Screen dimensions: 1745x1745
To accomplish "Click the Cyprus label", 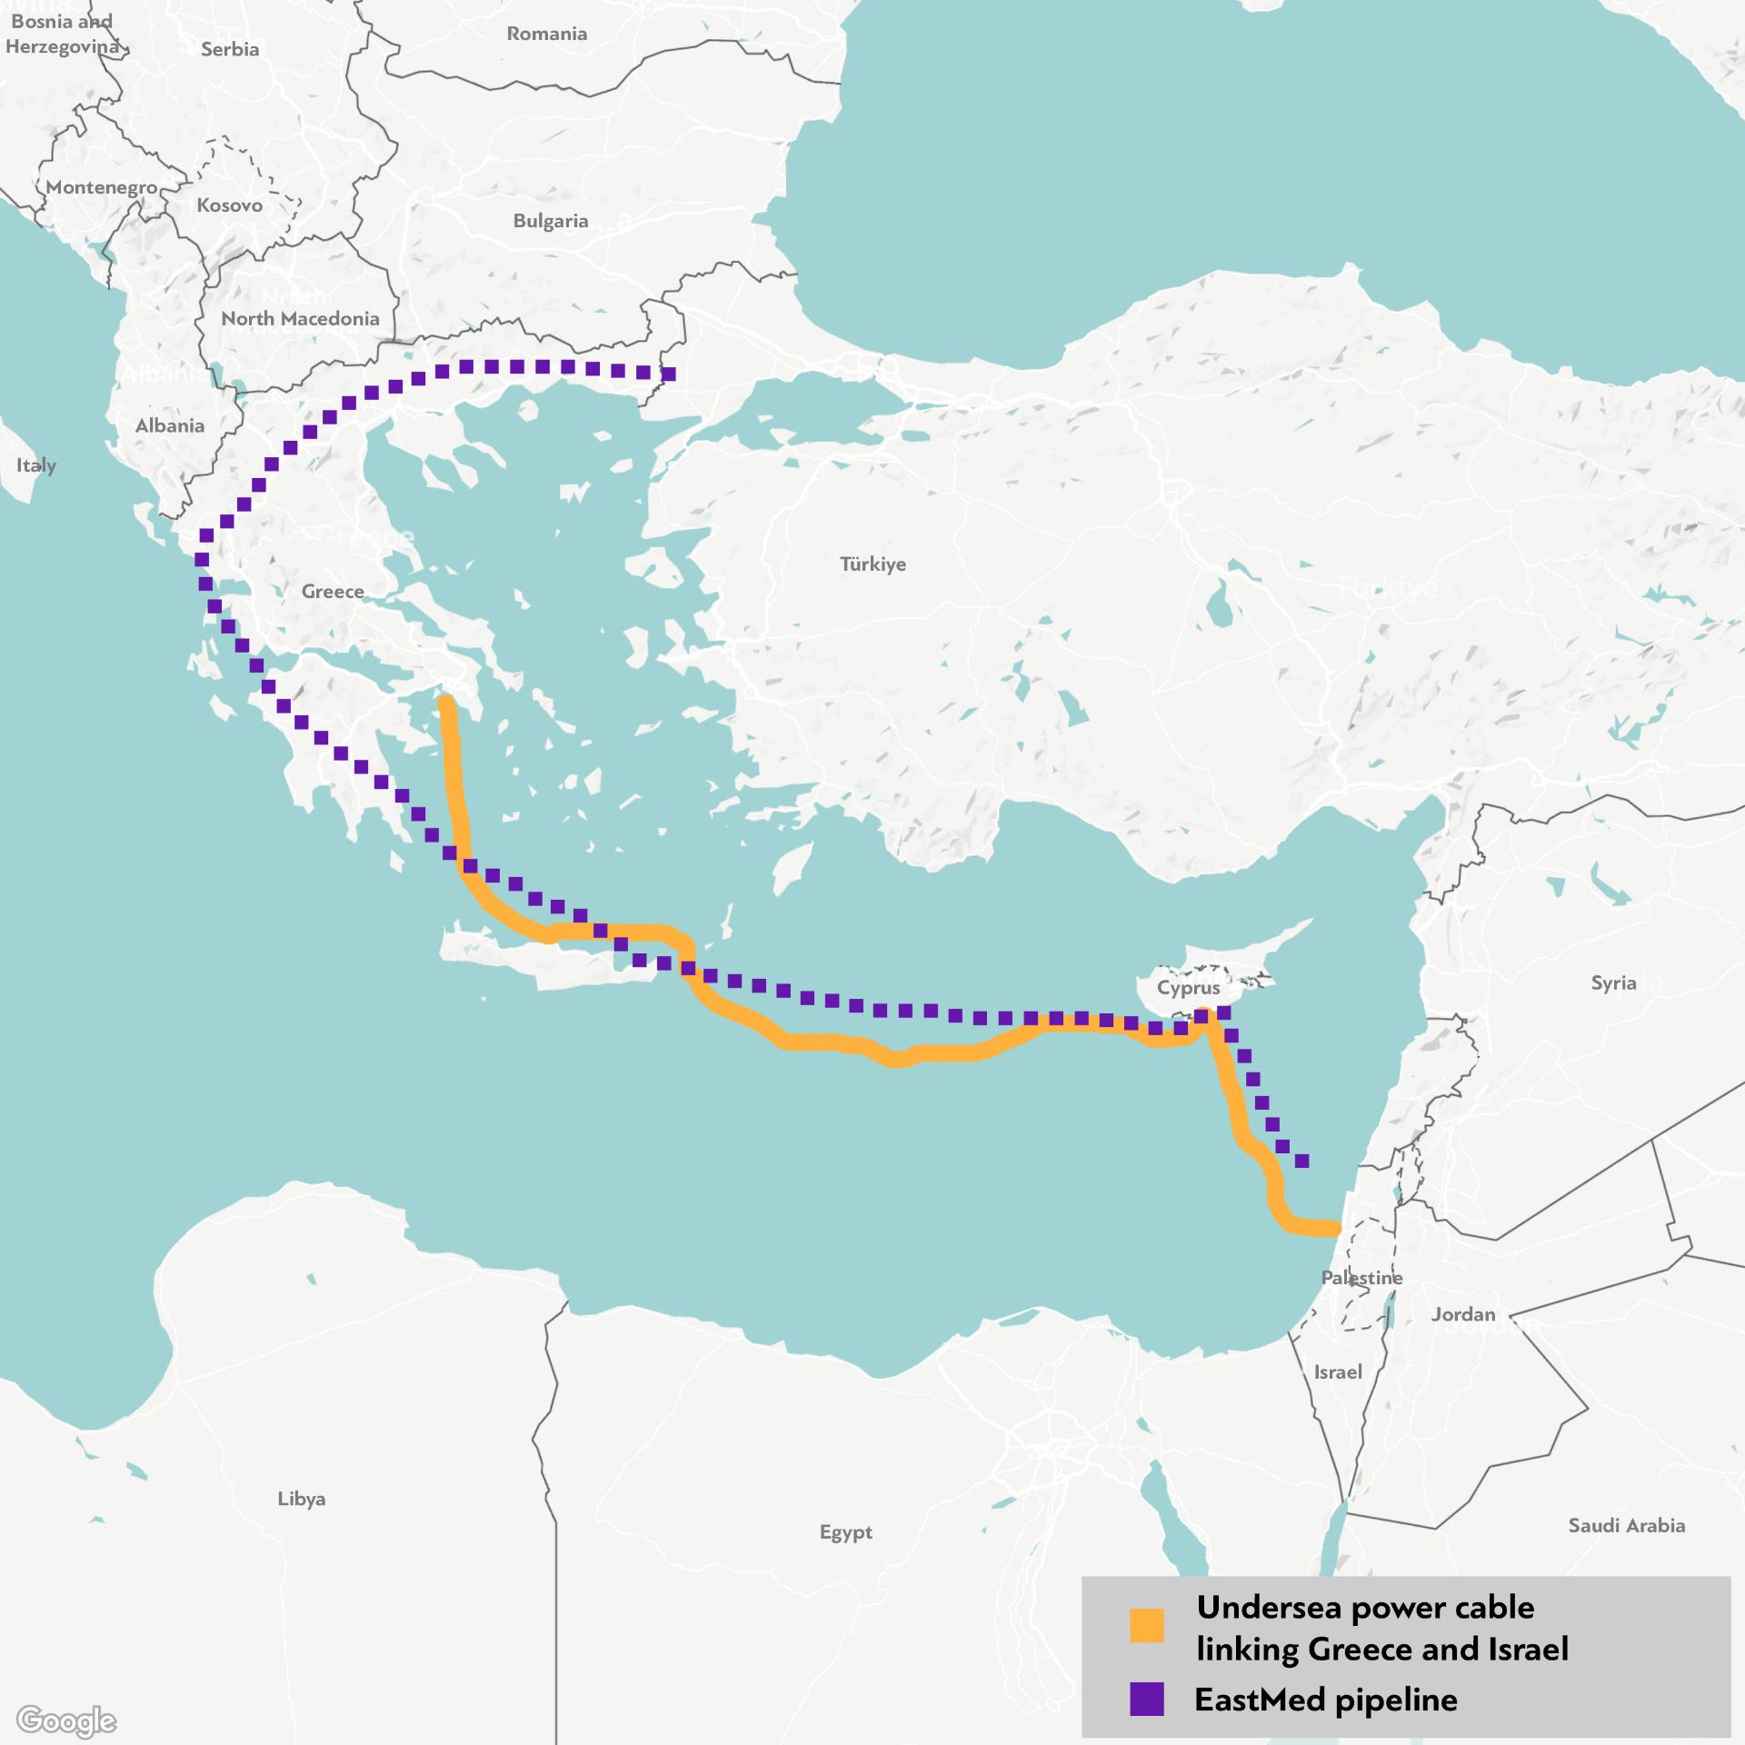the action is coord(1188,988).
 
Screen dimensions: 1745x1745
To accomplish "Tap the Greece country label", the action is coord(333,592).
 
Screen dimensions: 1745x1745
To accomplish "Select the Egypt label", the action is coord(845,1532).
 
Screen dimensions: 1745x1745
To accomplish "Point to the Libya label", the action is coord(302,1499).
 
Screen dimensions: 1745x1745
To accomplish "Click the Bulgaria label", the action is coord(550,221).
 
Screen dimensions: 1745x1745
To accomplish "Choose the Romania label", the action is coord(546,34).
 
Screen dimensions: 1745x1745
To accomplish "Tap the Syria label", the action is coord(1613,982).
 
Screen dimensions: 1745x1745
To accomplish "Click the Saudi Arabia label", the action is coord(1626,1526).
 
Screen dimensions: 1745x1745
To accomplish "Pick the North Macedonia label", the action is coord(300,319).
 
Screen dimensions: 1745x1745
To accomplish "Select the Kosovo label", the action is coord(229,205).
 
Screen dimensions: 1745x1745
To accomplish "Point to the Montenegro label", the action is coord(102,187).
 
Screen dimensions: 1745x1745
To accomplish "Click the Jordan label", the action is coord(1462,1314).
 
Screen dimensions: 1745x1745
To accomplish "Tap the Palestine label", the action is coord(1361,1278).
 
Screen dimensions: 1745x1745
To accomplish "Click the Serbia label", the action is coord(230,49).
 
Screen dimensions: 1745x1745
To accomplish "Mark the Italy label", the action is coord(36,465).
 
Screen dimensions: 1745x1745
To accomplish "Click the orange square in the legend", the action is coord(1146,1626).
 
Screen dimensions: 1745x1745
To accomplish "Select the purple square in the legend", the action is coord(1146,1700).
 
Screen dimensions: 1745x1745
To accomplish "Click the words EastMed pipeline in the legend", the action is coord(1325,1700).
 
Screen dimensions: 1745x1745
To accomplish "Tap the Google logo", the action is coord(66,1720).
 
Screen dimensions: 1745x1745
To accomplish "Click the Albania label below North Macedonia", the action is coord(170,425).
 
